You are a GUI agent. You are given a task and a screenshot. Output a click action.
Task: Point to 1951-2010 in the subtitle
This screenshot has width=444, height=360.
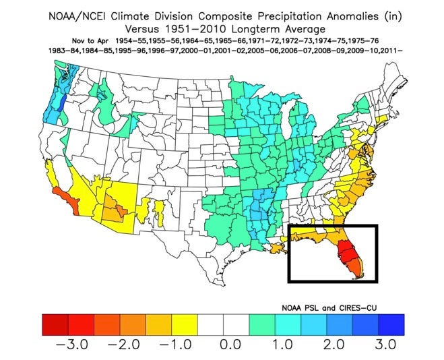click(202, 29)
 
